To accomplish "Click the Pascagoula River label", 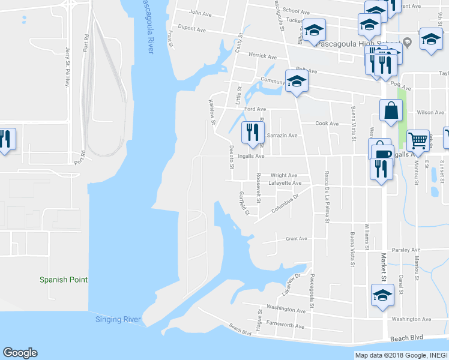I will [146, 26].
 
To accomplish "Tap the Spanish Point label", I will [64, 280].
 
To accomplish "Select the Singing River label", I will [118, 319].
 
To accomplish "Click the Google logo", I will [20, 353].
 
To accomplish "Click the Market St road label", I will [382, 266].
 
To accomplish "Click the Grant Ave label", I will [297, 238].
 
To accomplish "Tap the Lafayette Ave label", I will [285, 183].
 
